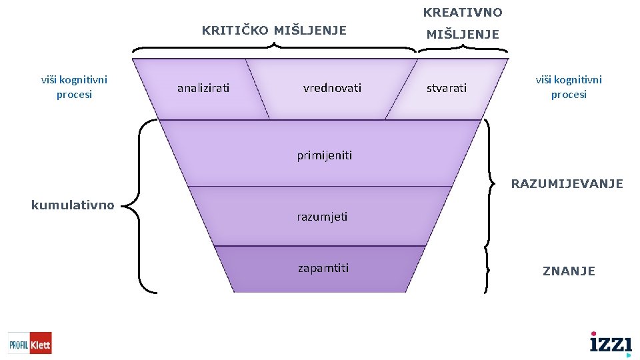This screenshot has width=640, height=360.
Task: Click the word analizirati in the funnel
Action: pyautogui.click(x=203, y=88)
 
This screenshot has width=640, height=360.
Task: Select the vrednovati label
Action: pyautogui.click(x=332, y=88)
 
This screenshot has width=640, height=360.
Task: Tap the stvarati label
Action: pyautogui.click(x=447, y=88)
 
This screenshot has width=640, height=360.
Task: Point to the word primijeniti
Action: pyautogui.click(x=324, y=156)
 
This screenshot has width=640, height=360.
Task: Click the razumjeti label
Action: pyautogui.click(x=322, y=217)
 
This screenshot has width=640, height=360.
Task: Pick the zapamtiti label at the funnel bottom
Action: pyautogui.click(x=323, y=268)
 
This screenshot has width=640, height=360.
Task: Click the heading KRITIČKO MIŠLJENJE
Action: pyautogui.click(x=274, y=31)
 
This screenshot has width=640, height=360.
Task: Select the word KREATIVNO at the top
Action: pyautogui.click(x=463, y=13)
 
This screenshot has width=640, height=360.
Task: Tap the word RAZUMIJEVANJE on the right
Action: pyautogui.click(x=567, y=183)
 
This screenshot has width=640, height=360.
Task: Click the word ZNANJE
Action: pyautogui.click(x=569, y=271)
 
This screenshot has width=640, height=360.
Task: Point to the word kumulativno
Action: pyautogui.click(x=73, y=205)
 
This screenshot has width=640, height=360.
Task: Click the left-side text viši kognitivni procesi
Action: pyautogui.click(x=74, y=87)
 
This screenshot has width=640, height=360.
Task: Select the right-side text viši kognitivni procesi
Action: pyautogui.click(x=569, y=87)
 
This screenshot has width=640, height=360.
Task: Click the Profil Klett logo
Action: pyautogui.click(x=30, y=343)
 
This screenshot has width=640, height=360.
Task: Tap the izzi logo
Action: pyautogui.click(x=611, y=344)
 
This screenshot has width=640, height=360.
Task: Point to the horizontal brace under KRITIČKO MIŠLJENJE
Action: pyautogui.click(x=274, y=47)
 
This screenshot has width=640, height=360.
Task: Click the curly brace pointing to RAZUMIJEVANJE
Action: pyautogui.click(x=489, y=183)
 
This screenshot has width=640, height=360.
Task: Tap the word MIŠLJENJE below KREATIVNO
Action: pyautogui.click(x=463, y=35)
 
